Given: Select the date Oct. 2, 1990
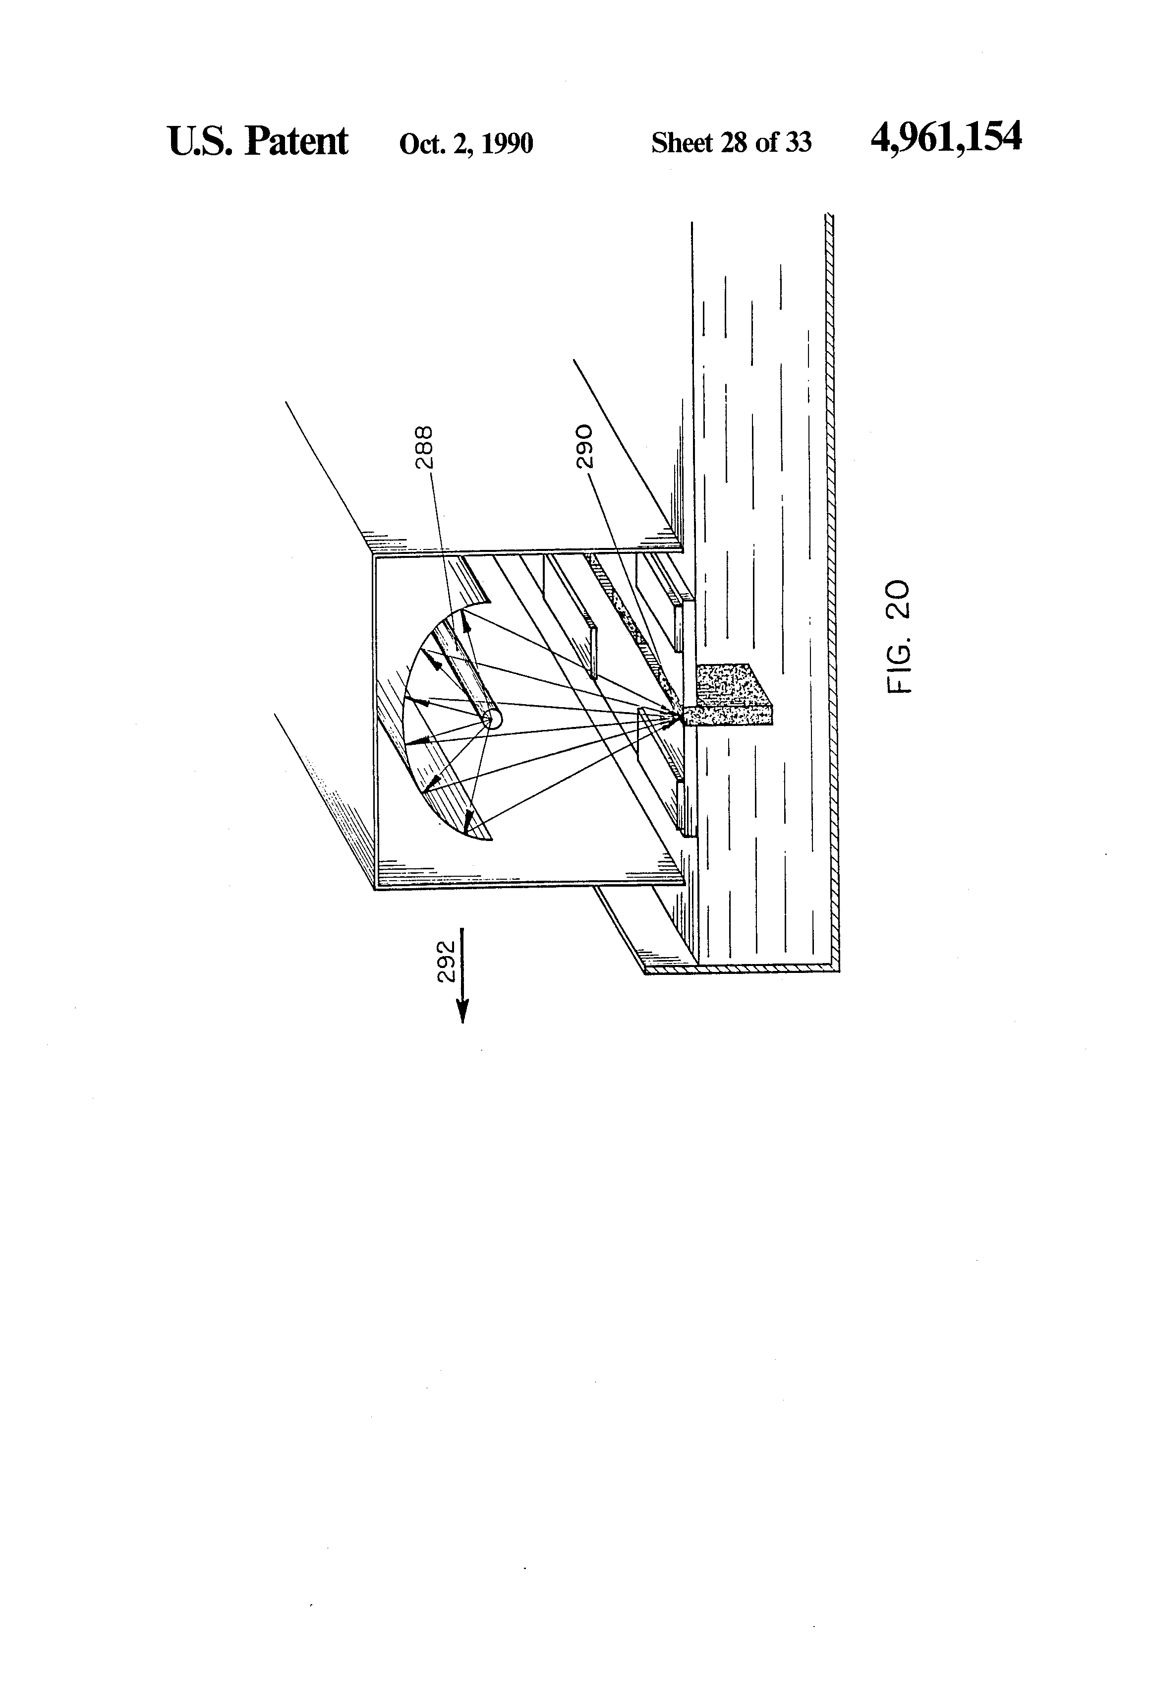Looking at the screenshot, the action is point(466,143).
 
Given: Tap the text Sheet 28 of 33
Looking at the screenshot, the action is point(731,142).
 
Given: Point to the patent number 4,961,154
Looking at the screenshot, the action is point(945,137).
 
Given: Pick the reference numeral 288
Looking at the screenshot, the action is point(424,447).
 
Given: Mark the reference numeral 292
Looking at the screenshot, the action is point(446,962).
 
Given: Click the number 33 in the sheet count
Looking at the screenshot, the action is point(798,142).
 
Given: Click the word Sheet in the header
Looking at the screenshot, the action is point(681,142).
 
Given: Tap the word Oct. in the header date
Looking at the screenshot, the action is point(422,143).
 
